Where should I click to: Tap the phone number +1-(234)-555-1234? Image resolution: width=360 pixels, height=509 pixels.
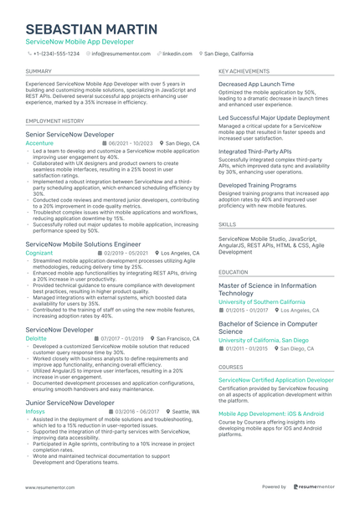56,53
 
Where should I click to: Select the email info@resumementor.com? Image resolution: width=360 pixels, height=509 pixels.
121,53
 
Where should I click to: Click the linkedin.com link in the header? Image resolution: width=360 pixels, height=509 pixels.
177,53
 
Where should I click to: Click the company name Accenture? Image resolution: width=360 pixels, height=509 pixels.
39,143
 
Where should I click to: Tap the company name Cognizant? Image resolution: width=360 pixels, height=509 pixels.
39,252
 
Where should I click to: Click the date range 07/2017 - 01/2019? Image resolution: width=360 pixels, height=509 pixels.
122,337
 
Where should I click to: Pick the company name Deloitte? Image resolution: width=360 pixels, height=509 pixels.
36,337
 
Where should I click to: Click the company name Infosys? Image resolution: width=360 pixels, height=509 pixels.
35,412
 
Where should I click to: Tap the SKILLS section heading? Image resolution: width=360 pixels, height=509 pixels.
227,224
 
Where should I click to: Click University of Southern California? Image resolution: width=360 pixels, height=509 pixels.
261,301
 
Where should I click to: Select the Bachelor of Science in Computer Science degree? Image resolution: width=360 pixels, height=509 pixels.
268,327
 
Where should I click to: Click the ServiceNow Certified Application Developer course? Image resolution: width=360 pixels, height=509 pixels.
275,379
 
